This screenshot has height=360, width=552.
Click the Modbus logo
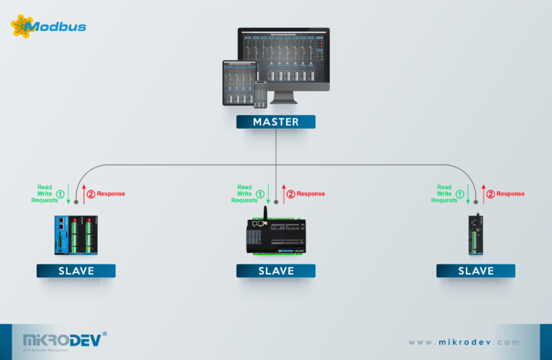pos(48,27)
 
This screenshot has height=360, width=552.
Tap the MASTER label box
pos(276,122)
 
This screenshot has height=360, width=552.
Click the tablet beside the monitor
pos(239,81)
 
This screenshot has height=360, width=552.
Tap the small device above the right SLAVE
pos(475,235)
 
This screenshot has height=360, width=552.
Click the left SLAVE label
pos(76,271)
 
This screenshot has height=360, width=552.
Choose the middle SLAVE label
pos(276,271)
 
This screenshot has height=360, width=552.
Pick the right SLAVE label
pos(475,271)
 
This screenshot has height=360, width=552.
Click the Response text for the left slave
pos(111,194)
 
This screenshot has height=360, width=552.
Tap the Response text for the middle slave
pos(310,194)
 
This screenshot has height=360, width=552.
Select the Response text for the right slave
pos(510,194)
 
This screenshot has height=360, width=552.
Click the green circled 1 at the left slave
pos(60,194)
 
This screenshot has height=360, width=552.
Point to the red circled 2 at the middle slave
pos(291,194)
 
